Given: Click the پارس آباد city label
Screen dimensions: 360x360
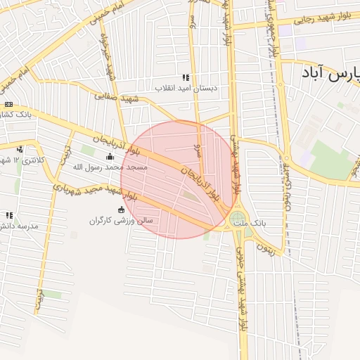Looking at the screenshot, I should click(330, 72).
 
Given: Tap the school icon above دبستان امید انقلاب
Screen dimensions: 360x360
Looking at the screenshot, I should click(186, 77).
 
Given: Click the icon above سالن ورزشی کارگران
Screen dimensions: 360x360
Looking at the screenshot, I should click(121, 210).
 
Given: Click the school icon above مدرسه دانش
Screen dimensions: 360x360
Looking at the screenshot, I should click(9, 215).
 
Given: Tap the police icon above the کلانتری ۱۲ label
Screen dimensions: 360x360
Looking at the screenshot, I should click(20, 149).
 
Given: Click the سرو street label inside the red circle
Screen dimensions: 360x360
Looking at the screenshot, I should click(199, 150).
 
